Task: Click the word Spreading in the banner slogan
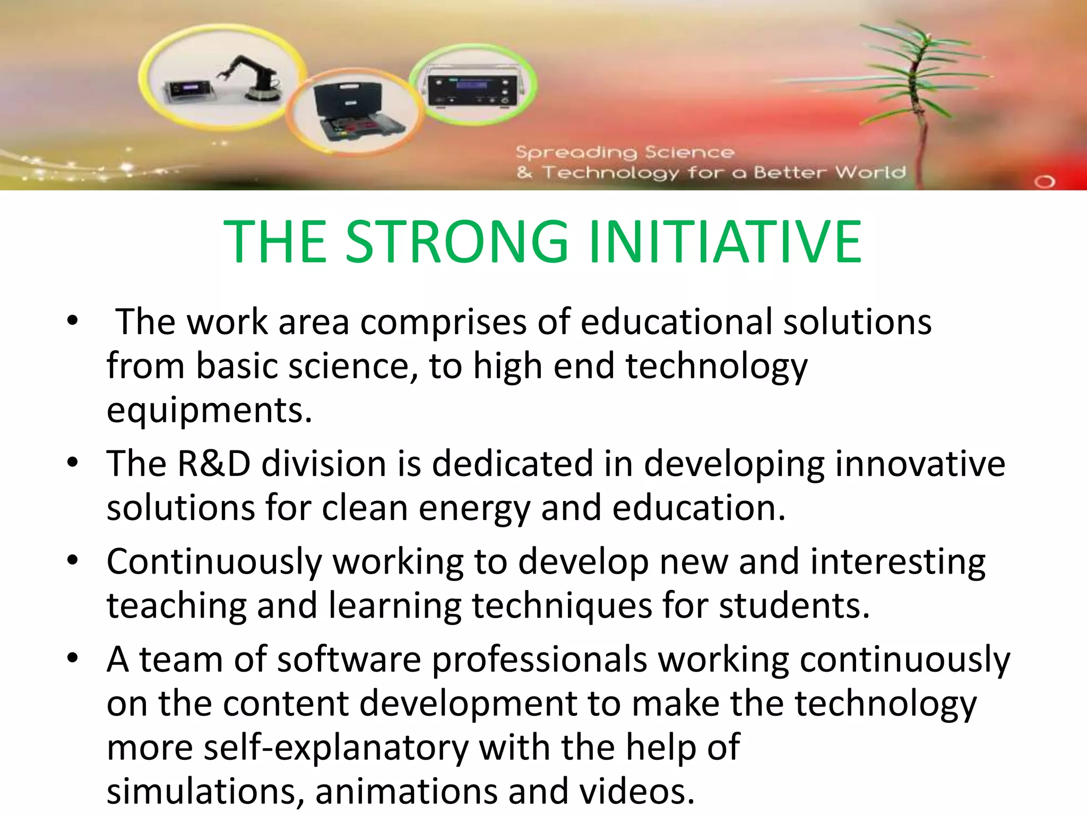point(576,153)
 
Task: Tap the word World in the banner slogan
point(870,172)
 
